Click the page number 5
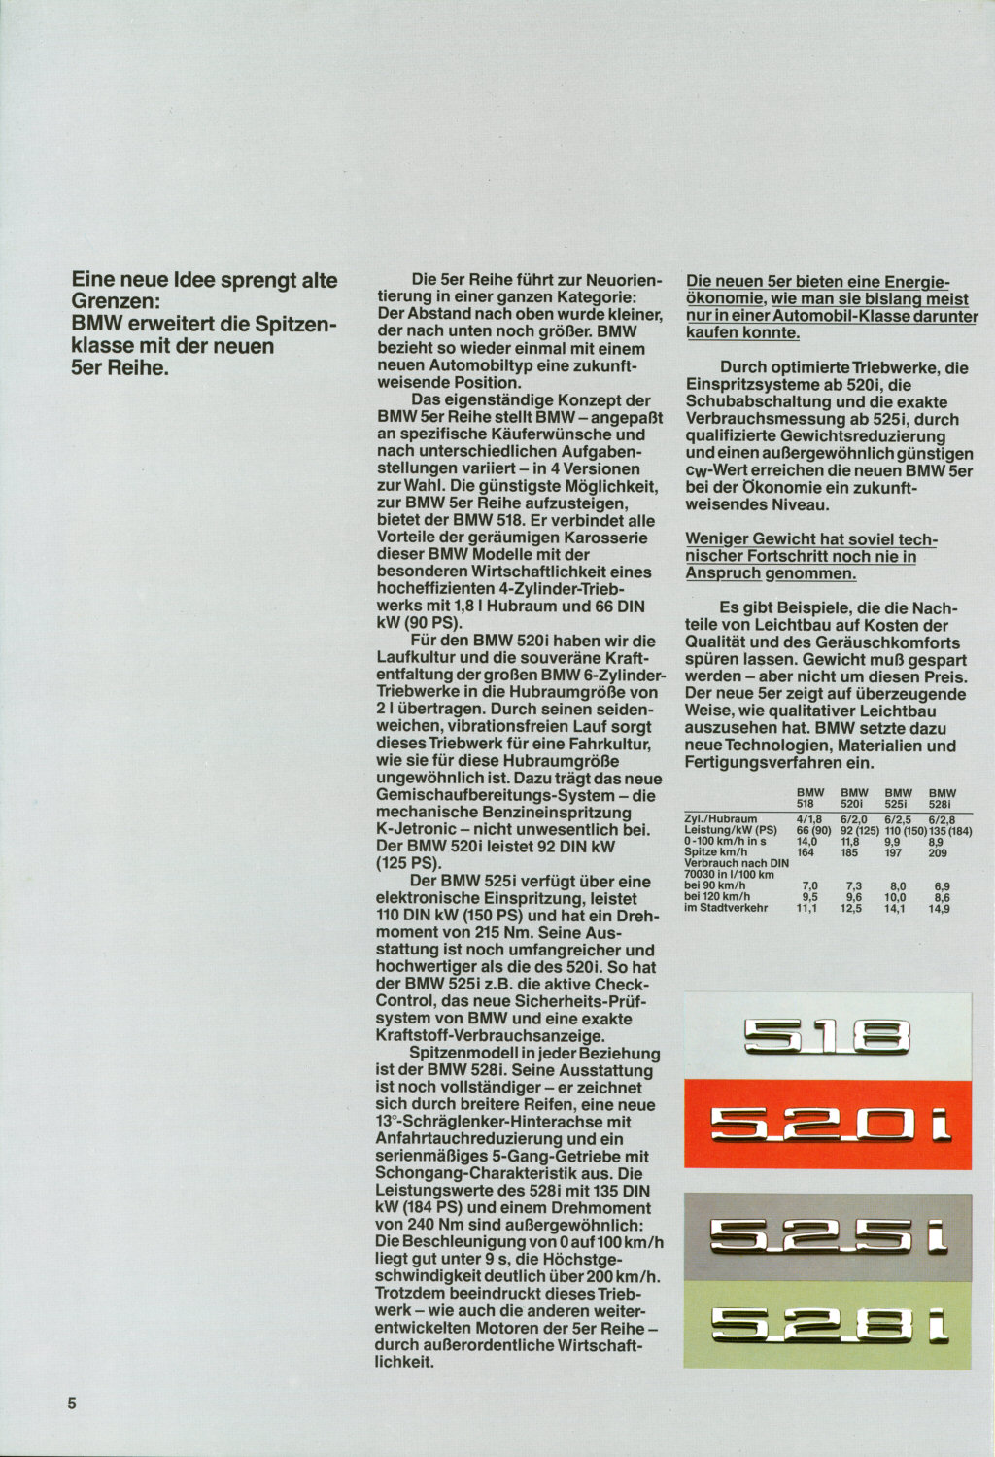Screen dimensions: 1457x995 pyautogui.click(x=72, y=1404)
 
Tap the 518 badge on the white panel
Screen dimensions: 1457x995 pyautogui.click(x=828, y=1038)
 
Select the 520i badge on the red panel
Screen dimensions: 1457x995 pyautogui.click(x=828, y=1126)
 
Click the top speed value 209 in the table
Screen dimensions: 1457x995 pyautogui.click(x=939, y=852)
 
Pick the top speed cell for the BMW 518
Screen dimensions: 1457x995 pyautogui.click(x=805, y=852)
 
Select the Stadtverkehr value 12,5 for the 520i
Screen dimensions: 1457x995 pyautogui.click(x=852, y=909)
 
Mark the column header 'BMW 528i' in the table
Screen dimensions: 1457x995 pyautogui.click(x=942, y=798)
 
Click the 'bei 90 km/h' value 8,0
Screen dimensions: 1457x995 pyautogui.click(x=898, y=886)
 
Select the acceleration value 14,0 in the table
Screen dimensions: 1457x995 pyautogui.click(x=806, y=842)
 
